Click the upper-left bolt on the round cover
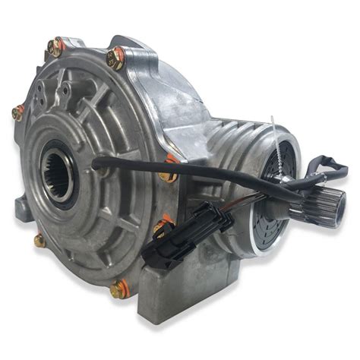55,48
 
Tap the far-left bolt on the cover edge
17,113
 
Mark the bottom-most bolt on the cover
118,289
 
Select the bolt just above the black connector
160,226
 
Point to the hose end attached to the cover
97,161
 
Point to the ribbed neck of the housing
228,137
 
